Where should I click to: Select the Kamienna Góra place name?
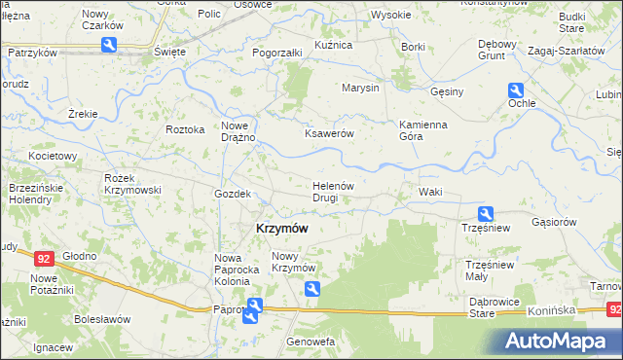[x=421, y=130]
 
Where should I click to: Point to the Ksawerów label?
[x=328, y=134]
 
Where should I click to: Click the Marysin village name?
[x=359, y=88]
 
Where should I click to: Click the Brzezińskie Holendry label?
[x=35, y=193]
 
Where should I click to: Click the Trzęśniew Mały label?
[x=489, y=270]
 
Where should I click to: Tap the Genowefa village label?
[x=311, y=342]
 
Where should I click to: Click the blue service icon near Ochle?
[x=516, y=90]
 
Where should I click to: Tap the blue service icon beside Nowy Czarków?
[x=110, y=44]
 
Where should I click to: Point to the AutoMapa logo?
[x=558, y=341]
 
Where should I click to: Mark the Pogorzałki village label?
[x=277, y=52]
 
